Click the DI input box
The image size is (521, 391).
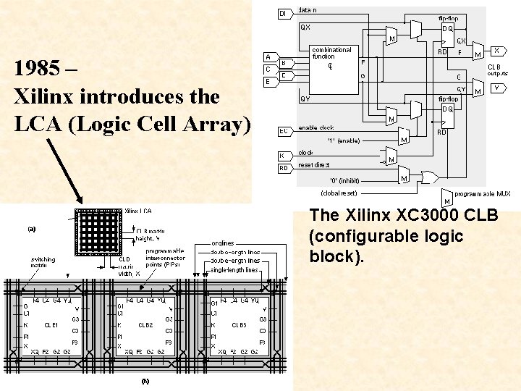pyautogui.click(x=283, y=13)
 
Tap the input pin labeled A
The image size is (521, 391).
pyautogui.click(x=268, y=56)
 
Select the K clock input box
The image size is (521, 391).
pyautogui.click(x=283, y=155)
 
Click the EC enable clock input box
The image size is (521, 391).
pyautogui.click(x=284, y=131)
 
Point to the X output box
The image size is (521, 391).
pyautogui.click(x=497, y=51)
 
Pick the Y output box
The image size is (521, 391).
pyautogui.click(x=497, y=88)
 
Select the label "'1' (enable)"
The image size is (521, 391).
pyautogui.click(x=344, y=140)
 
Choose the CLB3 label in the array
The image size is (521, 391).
pyautogui.click(x=239, y=325)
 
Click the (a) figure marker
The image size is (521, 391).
pyautogui.click(x=31, y=229)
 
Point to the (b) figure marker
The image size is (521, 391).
pyautogui.click(x=145, y=380)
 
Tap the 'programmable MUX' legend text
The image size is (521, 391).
pyautogui.click(x=482, y=193)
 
